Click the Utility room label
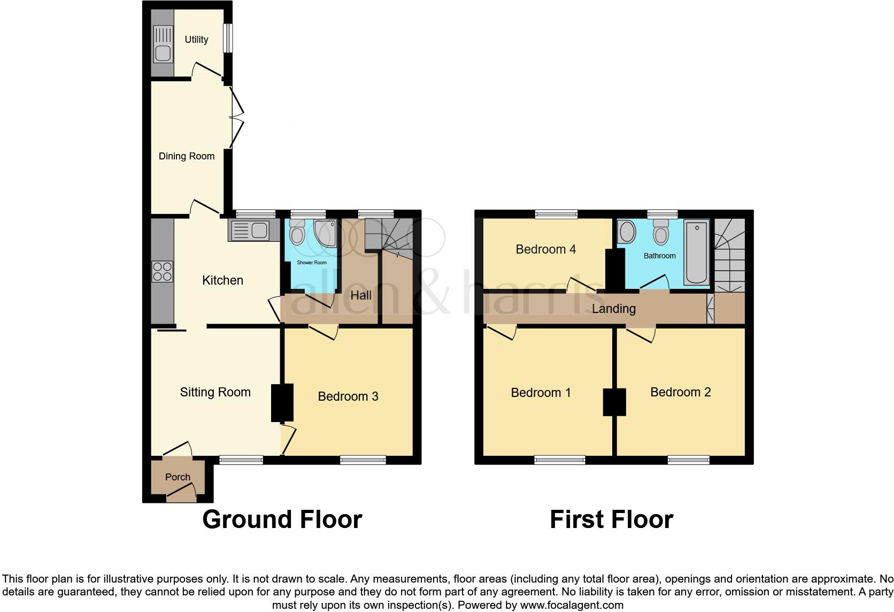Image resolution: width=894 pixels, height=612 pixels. [196, 40]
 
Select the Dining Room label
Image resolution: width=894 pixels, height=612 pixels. [187, 156]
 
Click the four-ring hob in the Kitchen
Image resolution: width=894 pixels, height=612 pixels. [163, 271]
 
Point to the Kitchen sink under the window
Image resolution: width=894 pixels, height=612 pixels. [251, 231]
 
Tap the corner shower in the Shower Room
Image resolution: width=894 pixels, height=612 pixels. [325, 233]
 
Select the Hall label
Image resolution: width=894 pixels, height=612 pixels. [361, 295]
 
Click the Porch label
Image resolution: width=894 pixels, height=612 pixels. [178, 477]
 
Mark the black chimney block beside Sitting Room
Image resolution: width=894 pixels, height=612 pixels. [282, 402]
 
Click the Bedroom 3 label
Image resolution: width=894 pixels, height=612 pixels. [348, 396]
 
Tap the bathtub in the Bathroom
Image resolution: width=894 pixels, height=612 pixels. [696, 253]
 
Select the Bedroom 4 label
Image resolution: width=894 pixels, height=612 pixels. [545, 249]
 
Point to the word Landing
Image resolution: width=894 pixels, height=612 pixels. [614, 309]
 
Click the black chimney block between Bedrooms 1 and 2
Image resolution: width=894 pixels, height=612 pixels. [614, 402]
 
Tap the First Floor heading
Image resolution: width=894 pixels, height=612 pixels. [611, 519]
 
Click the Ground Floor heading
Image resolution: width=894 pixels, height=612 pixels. [282, 519]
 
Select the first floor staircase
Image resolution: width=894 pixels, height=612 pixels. [730, 257]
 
